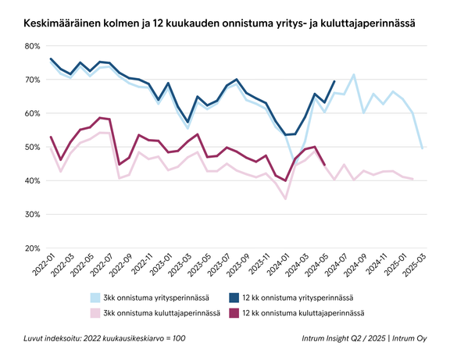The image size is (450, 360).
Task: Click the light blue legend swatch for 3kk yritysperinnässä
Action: (x=97, y=298)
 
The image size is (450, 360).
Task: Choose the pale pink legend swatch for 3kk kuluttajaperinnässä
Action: (x=97, y=312)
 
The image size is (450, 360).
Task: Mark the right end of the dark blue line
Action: (x=334, y=81)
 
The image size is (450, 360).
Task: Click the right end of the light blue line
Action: (x=423, y=148)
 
